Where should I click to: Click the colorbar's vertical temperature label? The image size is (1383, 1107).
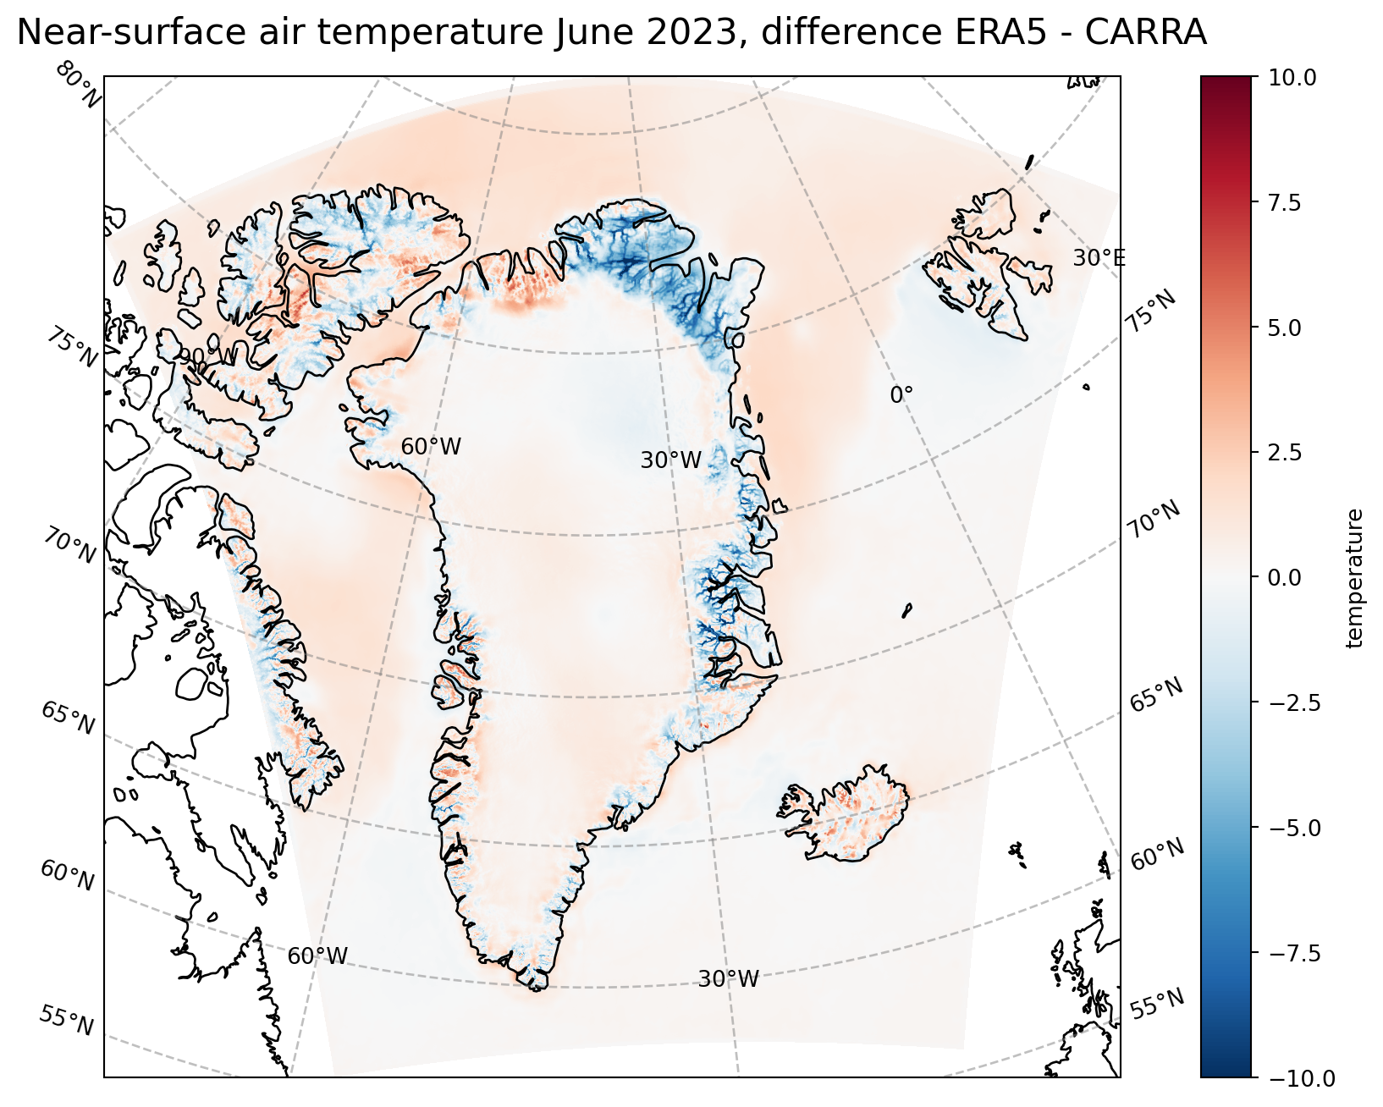(x=1354, y=578)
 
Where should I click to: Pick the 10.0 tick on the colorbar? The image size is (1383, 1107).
(x=1292, y=78)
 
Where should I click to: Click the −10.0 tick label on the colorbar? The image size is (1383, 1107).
(x=1302, y=1078)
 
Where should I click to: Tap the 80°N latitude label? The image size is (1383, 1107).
(x=79, y=85)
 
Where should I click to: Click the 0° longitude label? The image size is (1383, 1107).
(x=901, y=394)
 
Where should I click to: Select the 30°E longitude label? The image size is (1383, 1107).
(x=1099, y=258)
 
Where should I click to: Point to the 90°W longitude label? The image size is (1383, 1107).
(x=207, y=357)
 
